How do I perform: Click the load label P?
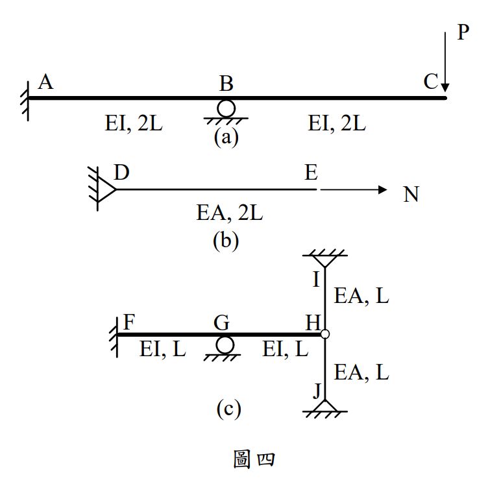[x=463, y=32]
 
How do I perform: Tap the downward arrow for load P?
[x=445, y=61]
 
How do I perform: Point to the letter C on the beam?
[x=430, y=82]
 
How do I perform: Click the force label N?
[x=411, y=194]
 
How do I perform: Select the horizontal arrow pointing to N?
[x=354, y=189]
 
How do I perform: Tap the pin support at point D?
[x=104, y=188]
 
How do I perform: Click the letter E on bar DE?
[x=311, y=173]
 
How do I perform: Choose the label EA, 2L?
[x=230, y=213]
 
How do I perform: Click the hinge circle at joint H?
[x=325, y=334]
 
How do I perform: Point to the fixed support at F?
[x=115, y=335]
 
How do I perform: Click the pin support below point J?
[x=325, y=408]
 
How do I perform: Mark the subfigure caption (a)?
[x=226, y=138]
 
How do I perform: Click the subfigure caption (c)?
[x=228, y=409]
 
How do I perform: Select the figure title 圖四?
[x=253, y=459]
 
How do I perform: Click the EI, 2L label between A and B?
[x=134, y=123]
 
